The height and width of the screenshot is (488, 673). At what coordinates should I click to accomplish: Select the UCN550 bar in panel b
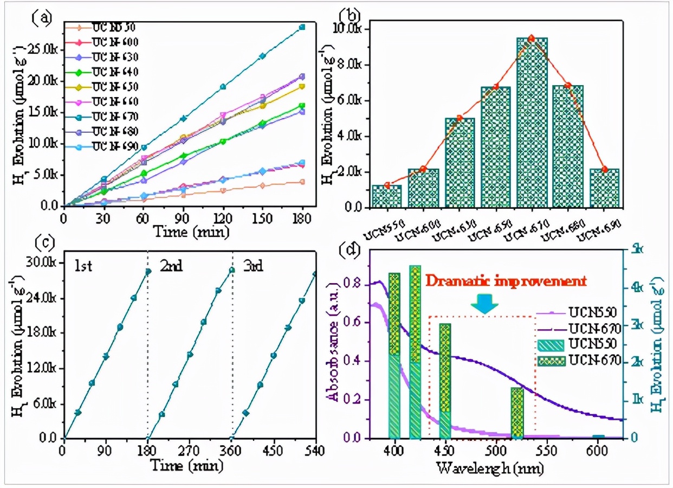(387, 196)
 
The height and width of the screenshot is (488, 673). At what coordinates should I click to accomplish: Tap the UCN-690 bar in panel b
(604, 188)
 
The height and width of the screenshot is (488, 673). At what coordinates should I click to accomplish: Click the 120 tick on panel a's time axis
(223, 218)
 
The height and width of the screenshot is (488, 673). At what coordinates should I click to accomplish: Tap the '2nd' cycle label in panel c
(171, 266)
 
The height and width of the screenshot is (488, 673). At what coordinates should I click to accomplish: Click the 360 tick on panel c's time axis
(231, 450)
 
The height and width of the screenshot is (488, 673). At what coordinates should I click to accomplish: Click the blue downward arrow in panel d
(484, 305)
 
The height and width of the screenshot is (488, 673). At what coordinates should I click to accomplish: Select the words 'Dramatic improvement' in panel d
(506, 281)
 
